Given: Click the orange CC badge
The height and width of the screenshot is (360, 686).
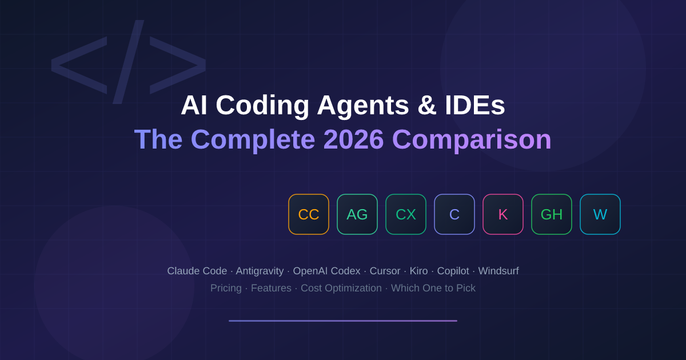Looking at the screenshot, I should [x=309, y=214].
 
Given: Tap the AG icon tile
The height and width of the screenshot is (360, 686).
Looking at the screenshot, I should [x=357, y=214].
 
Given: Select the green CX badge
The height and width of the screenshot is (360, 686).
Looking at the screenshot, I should [x=406, y=214].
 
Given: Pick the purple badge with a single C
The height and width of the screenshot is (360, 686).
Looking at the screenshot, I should [x=454, y=214].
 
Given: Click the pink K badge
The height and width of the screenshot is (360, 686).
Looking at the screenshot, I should [x=503, y=214].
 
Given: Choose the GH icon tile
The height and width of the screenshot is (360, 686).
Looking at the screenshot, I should [x=552, y=214].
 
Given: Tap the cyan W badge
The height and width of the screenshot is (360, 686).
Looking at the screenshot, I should [x=600, y=214].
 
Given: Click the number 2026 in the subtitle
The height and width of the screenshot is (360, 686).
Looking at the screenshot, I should [x=353, y=139].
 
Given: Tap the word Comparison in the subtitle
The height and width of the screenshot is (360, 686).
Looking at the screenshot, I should [x=472, y=139].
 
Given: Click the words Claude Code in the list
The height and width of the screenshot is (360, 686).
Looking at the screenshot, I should [x=197, y=271].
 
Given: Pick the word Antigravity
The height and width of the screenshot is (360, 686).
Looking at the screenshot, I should [x=260, y=271].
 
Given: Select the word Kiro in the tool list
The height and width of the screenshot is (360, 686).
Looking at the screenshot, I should [x=418, y=271].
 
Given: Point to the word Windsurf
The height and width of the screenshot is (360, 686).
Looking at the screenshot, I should [x=498, y=271].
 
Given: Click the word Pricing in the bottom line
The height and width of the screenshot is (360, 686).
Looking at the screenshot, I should [x=226, y=288].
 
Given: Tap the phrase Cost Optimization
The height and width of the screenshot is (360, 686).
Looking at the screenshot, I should [x=341, y=288].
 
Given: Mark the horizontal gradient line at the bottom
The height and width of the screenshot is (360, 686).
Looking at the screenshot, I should [x=343, y=321].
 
